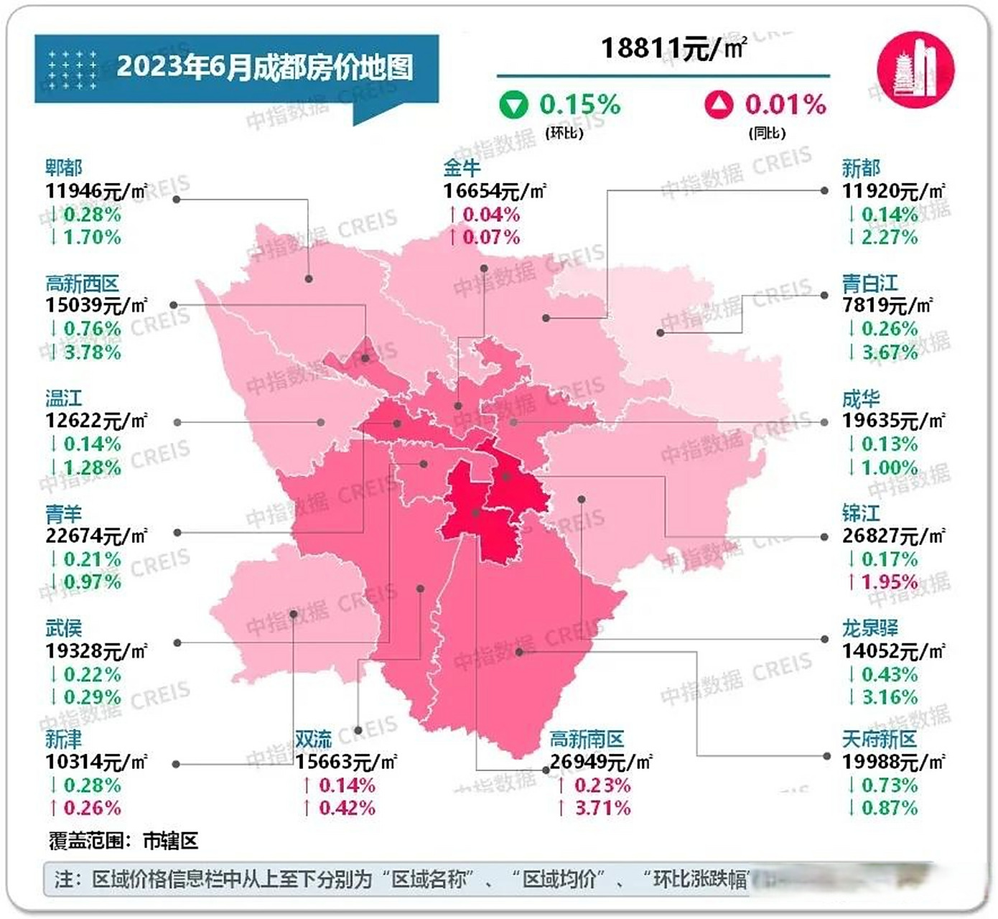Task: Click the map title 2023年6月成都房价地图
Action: [264, 67]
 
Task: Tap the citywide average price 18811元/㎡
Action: [673, 49]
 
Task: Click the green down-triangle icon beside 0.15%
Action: [513, 105]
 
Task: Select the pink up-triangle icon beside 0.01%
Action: [719, 105]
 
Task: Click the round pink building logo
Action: [915, 70]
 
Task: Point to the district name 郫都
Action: [63, 168]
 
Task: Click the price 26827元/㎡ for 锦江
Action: [893, 536]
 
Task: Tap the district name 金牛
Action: [461, 168]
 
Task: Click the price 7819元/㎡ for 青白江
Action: [887, 306]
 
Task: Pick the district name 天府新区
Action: [879, 740]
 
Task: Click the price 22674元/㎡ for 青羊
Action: [96, 536]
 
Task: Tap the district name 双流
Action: [313, 740]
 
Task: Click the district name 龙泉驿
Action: [869, 628]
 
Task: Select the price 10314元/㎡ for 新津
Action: [96, 762]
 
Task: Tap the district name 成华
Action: [860, 398]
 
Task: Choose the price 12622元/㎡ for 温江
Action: [96, 421]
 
